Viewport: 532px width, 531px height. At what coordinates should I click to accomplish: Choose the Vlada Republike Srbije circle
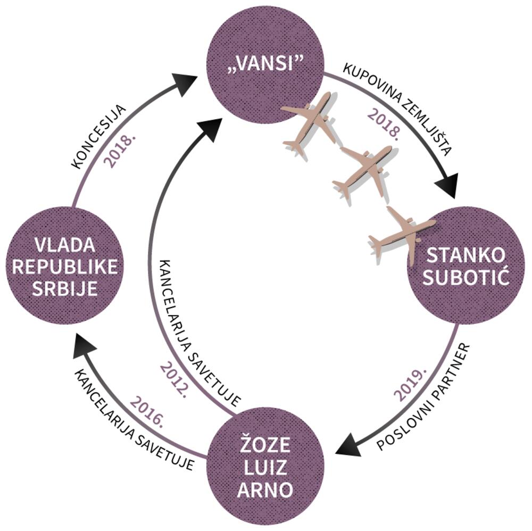tap(65, 266)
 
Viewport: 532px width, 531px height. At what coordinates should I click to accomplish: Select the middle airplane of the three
tap(364, 170)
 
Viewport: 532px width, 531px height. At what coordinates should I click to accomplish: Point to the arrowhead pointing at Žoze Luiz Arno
tap(348, 443)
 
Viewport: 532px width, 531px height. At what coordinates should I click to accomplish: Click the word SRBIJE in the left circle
tap(65, 288)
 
